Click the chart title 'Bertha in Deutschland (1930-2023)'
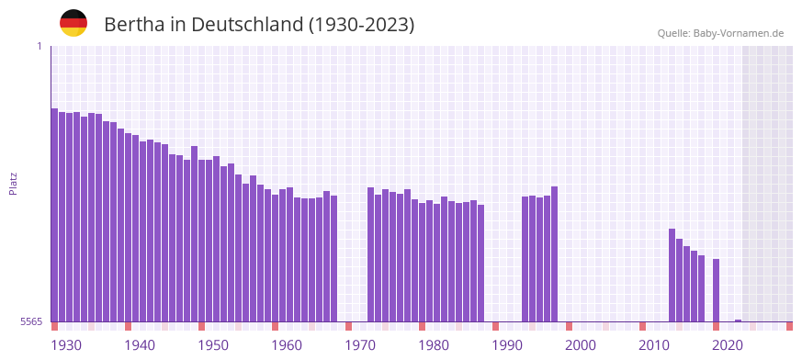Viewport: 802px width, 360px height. tap(259, 25)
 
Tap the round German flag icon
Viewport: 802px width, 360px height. tap(73, 23)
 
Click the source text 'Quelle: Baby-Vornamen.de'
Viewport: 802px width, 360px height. tap(720, 33)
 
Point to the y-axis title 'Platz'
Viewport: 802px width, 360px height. tap(13, 183)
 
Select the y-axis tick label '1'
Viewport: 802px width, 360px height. tap(39, 46)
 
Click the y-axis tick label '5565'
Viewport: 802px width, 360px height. tap(31, 321)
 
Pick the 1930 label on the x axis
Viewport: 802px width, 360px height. tap(66, 345)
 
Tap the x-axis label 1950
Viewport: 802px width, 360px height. tap(213, 345)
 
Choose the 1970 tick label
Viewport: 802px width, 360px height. tap(360, 345)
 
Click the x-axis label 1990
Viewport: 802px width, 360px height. tap(507, 345)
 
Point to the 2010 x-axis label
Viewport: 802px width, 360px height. tap(654, 345)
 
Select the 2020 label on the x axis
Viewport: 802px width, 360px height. tap(728, 345)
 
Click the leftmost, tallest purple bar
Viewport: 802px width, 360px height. tap(54, 215)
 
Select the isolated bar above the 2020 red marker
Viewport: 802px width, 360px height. tap(716, 290)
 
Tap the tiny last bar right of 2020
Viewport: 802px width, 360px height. tap(738, 321)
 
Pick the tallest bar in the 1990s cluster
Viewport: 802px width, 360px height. tap(554, 253)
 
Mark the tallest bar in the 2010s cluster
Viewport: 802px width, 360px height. tap(672, 275)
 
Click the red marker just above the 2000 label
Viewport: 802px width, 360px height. tap(569, 326)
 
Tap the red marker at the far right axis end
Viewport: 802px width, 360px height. tap(789, 326)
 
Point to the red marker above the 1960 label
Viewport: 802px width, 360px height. tap(275, 326)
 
